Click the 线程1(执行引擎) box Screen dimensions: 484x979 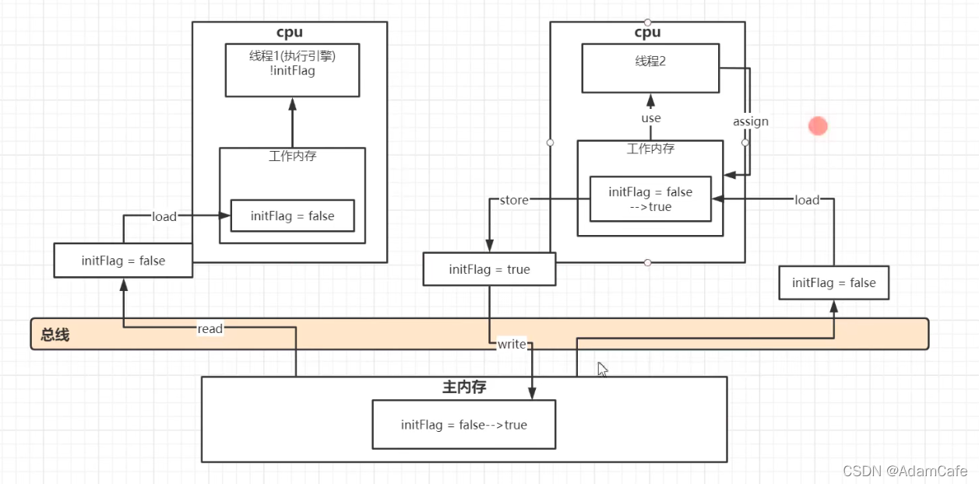[292, 70]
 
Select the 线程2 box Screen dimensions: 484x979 [650, 68]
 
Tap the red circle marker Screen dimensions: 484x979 [817, 126]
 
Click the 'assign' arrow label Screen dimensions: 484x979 [750, 121]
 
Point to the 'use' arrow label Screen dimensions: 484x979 [650, 118]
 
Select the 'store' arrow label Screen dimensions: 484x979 [514, 200]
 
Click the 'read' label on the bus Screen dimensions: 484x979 [210, 328]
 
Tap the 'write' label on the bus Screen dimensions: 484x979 [512, 344]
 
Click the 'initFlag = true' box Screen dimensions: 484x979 [489, 269]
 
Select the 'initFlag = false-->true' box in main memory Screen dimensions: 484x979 [463, 425]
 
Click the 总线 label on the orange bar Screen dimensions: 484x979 [55, 335]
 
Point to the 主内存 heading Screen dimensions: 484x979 [463, 387]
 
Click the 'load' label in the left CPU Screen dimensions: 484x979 [164, 216]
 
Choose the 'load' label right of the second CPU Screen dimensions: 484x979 [807, 200]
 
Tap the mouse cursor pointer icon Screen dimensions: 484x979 [601, 369]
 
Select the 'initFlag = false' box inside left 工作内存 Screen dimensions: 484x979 [292, 216]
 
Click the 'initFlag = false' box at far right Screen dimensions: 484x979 [833, 282]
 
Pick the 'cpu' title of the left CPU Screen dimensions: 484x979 [289, 33]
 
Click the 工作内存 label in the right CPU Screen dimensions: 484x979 [650, 149]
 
